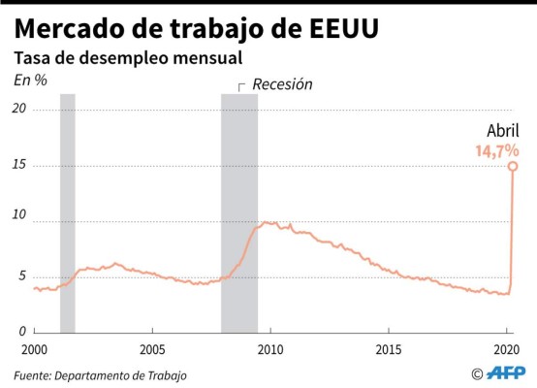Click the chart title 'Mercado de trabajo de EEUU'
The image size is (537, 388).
[x=196, y=27]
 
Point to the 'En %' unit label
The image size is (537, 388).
[x=29, y=81]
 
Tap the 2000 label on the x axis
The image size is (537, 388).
[x=34, y=348]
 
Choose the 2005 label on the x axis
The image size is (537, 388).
[x=151, y=348]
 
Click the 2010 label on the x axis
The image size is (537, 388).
[x=269, y=348]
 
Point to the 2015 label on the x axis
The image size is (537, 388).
[x=388, y=348]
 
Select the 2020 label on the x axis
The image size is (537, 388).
[x=505, y=348]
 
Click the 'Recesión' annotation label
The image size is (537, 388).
[x=282, y=84]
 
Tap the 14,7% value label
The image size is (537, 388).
[x=495, y=150]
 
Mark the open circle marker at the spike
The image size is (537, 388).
[x=513, y=166]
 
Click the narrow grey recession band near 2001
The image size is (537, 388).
[x=67, y=213]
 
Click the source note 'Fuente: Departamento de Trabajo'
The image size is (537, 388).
[x=100, y=374]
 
